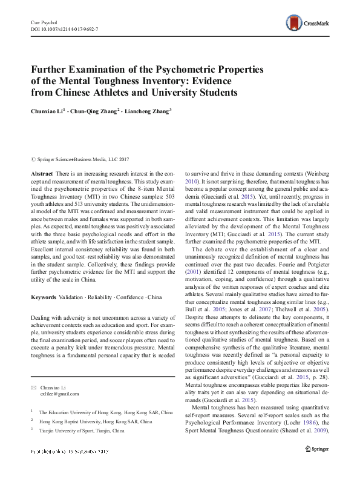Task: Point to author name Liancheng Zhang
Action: pos(148,111)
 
